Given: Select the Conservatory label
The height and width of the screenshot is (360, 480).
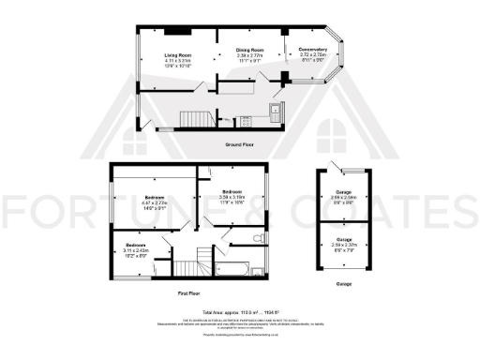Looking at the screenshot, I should pos(312,49).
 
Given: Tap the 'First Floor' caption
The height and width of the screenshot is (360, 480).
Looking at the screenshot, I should pos(191,293).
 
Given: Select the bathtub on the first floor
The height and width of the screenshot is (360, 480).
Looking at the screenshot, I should pos(231,269).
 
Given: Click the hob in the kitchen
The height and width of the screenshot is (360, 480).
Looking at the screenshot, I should pos(246,119).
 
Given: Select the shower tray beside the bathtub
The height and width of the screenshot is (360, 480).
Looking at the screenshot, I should pos(260,270).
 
